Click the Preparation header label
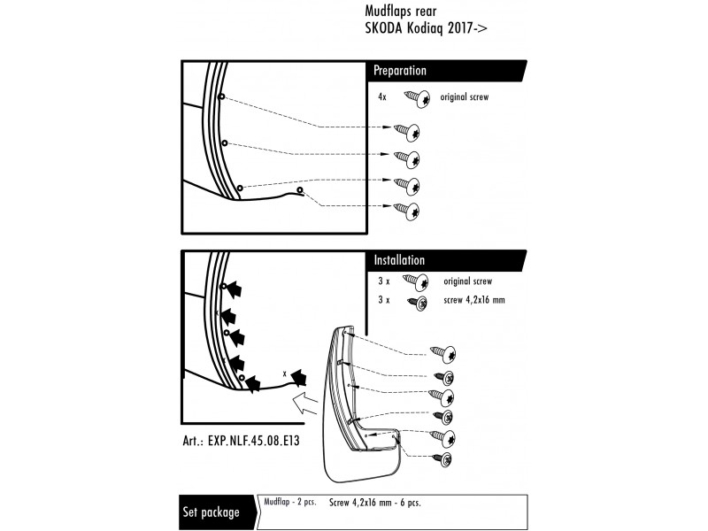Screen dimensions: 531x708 click(x=400, y=71)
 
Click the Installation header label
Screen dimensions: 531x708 click(x=399, y=261)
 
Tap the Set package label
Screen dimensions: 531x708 click(x=211, y=512)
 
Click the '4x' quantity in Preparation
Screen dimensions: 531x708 click(x=381, y=97)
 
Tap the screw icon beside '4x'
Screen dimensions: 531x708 click(x=418, y=97)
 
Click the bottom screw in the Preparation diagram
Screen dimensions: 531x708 click(x=407, y=211)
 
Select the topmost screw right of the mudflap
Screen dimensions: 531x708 click(x=443, y=353)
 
